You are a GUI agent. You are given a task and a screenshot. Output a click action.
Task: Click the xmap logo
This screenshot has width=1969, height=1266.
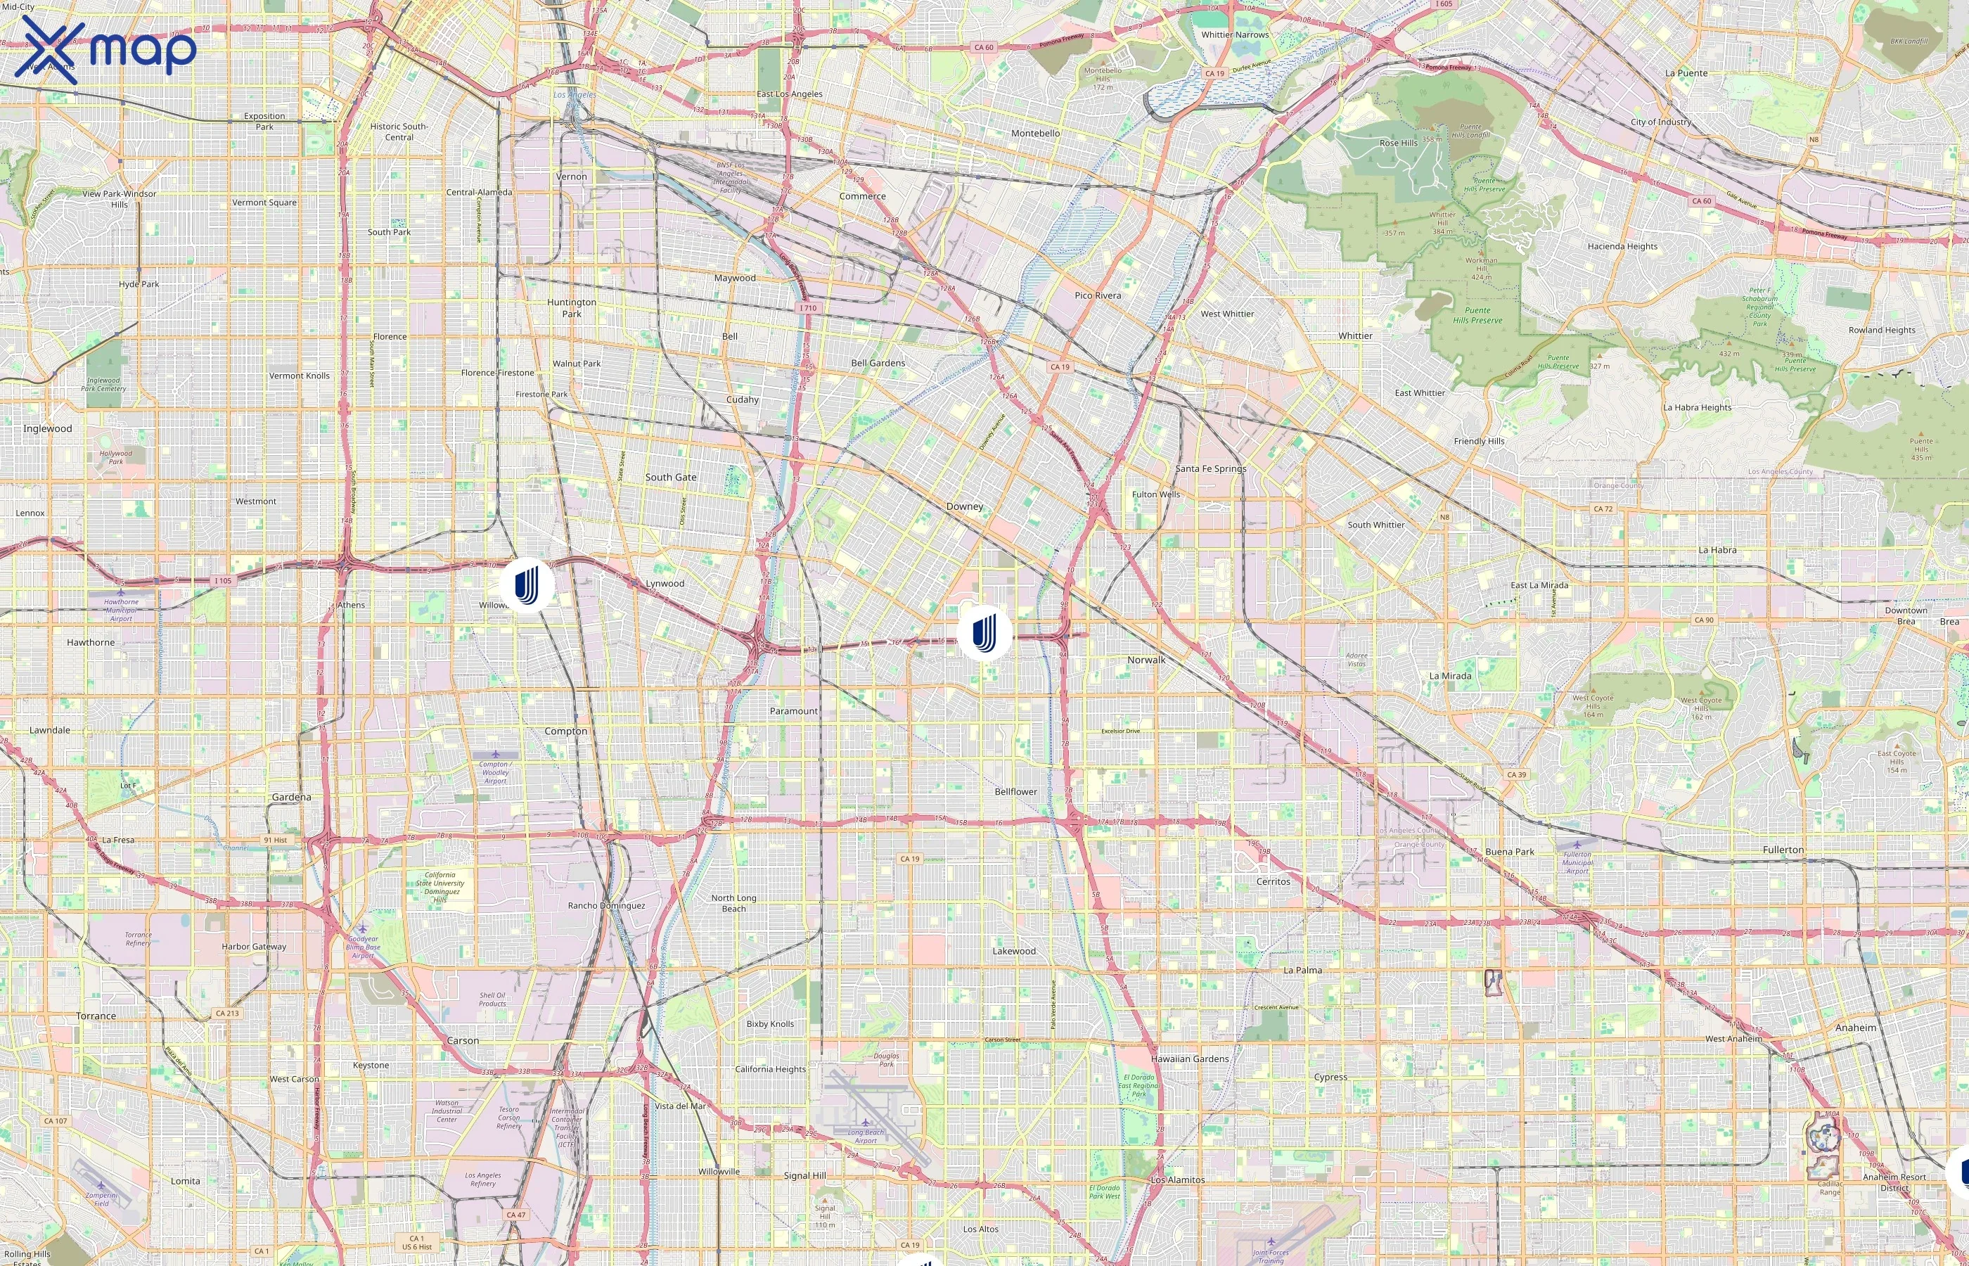click(x=105, y=49)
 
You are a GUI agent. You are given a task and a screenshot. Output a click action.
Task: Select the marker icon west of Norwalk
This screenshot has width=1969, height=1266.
click(x=984, y=632)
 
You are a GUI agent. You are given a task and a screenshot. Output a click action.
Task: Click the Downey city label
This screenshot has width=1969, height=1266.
click(x=964, y=506)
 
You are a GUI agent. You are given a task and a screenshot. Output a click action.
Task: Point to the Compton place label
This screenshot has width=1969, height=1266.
click(x=565, y=731)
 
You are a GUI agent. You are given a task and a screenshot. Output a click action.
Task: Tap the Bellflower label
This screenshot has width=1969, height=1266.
click(x=1015, y=792)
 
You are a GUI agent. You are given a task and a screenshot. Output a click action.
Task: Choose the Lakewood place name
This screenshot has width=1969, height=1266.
click(x=1013, y=951)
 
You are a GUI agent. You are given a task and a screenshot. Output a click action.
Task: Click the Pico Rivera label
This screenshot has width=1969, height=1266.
click(x=1097, y=295)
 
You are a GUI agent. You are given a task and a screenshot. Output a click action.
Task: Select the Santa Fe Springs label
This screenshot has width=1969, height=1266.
click(x=1210, y=468)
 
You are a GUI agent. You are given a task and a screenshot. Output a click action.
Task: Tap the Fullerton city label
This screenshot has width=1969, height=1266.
click(x=1783, y=849)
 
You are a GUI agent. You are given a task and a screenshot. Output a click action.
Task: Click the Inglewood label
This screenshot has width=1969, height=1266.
click(x=48, y=428)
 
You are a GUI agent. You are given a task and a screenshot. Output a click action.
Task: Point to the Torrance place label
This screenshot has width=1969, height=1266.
click(x=96, y=1016)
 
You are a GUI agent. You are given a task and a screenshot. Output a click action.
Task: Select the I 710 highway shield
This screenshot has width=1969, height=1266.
click(x=809, y=308)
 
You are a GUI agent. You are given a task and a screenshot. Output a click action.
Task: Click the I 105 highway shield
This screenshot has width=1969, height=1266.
click(x=223, y=580)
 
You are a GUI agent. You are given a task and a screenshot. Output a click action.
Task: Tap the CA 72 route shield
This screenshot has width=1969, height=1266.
click(x=1603, y=509)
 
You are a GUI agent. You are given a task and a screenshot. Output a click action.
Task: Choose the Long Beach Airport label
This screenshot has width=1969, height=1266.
click(x=866, y=1136)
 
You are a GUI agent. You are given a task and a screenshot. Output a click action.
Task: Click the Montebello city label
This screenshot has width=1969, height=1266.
click(x=1034, y=133)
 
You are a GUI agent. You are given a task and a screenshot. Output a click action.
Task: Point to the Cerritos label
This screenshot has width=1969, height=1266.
click(x=1272, y=881)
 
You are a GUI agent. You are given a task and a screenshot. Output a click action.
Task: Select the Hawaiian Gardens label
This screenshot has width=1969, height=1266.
click(x=1189, y=1059)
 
